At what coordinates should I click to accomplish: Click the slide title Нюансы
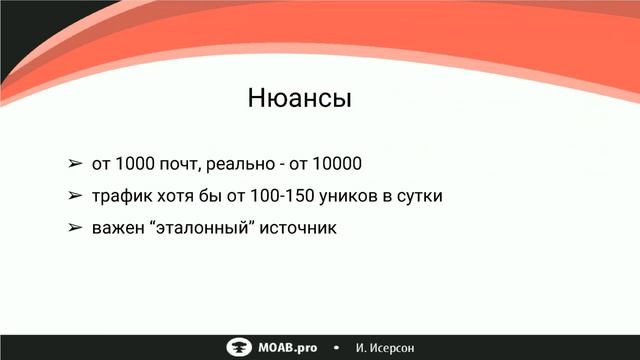pyautogui.click(x=300, y=100)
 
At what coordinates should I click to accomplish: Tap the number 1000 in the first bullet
pyautogui.click(x=134, y=163)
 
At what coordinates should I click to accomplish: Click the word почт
pyautogui.click(x=181, y=163)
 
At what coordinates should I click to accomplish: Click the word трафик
pyautogui.click(x=119, y=196)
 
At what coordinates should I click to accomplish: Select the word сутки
pyautogui.click(x=419, y=196)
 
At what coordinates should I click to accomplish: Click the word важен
pyautogui.click(x=117, y=229)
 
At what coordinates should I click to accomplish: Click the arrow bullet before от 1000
pyautogui.click(x=74, y=163)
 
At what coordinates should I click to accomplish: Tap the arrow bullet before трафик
pyautogui.click(x=74, y=196)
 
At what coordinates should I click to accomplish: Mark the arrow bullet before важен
pyautogui.click(x=74, y=229)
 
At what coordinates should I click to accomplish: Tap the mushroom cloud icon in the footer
pyautogui.click(x=239, y=347)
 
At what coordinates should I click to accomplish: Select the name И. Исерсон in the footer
pyautogui.click(x=385, y=347)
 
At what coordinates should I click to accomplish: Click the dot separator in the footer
pyautogui.click(x=336, y=347)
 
